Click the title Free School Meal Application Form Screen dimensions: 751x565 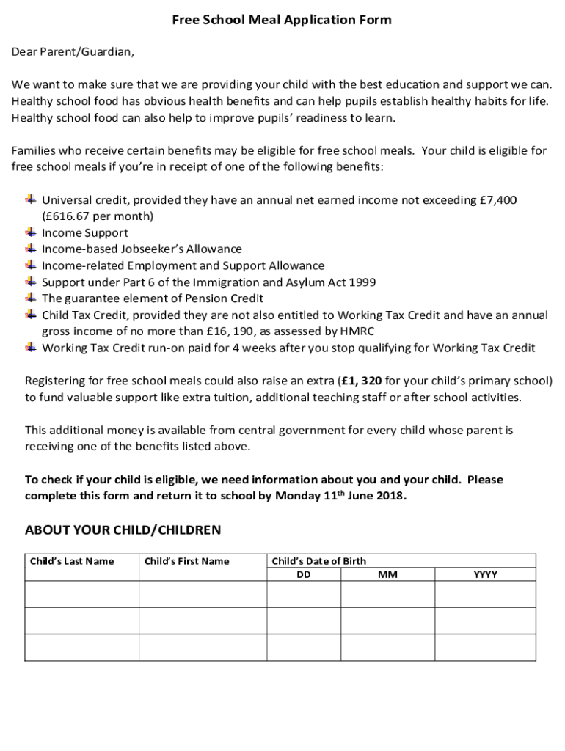(282, 21)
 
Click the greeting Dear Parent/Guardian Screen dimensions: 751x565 (73, 52)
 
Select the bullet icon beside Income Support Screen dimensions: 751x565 (31, 232)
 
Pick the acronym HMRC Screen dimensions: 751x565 (357, 331)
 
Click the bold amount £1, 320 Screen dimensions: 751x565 (361, 381)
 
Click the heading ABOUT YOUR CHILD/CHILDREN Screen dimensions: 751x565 (123, 530)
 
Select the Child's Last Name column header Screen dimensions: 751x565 (72, 562)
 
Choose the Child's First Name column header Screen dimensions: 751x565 (186, 562)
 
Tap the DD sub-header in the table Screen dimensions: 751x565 (303, 575)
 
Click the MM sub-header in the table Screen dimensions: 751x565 (387, 575)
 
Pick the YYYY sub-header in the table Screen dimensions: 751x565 (485, 575)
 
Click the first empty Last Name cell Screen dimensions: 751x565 (81, 594)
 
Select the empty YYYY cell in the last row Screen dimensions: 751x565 (485, 647)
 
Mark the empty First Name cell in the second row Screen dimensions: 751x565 (203, 620)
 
